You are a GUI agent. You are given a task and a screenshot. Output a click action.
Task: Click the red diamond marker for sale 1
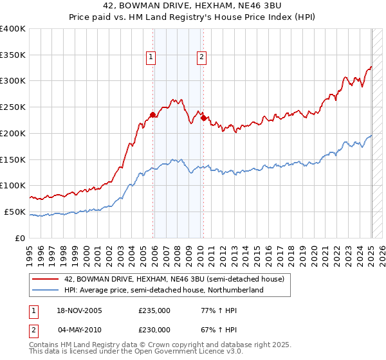153,115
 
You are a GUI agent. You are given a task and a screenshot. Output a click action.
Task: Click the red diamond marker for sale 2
203,118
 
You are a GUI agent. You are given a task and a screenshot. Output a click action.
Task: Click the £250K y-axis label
13,107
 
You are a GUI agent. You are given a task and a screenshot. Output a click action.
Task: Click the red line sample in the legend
46,279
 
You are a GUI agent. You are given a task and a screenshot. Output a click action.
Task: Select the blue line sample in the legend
46,290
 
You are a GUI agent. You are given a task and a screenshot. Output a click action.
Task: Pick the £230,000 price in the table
154,329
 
